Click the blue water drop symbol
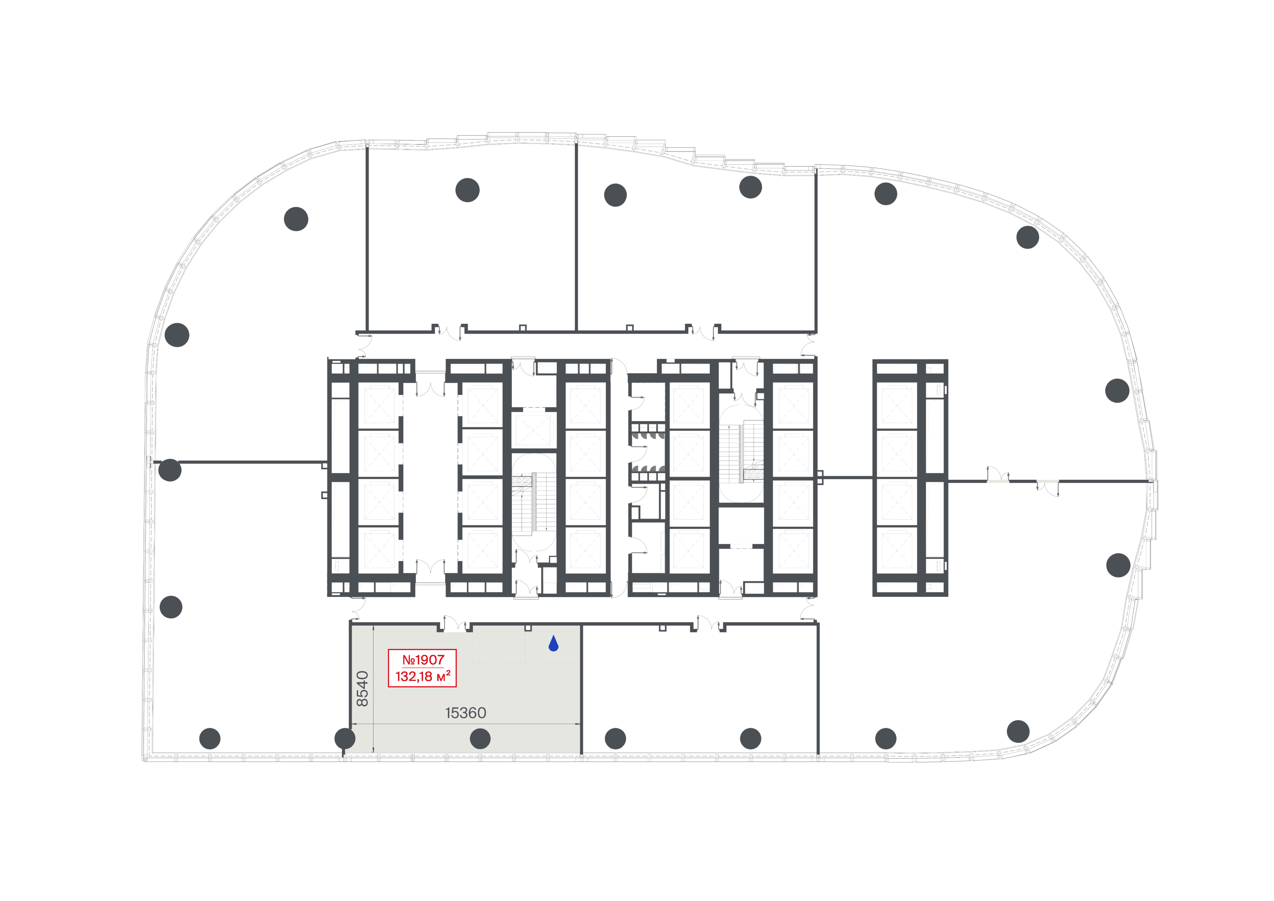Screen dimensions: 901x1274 point(553,644)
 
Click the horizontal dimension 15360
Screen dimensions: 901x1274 point(466,713)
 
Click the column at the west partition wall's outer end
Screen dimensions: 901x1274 point(170,470)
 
